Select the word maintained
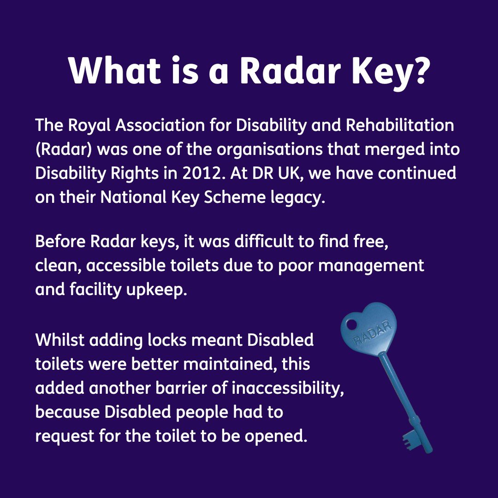click(x=231, y=364)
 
